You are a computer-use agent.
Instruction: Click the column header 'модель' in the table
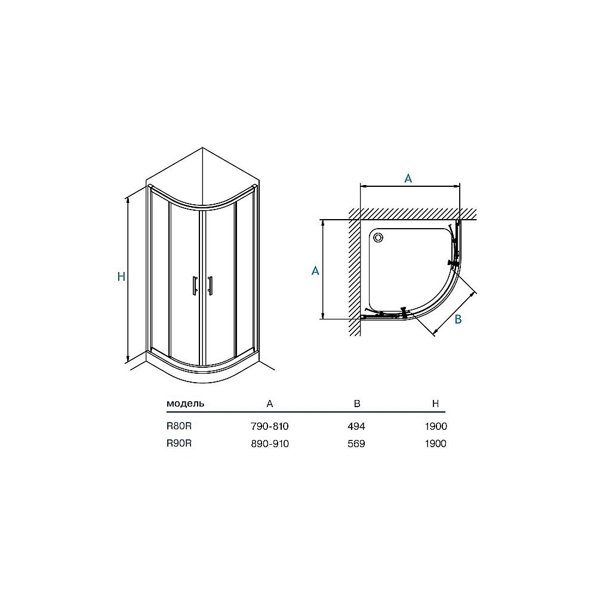click(185, 404)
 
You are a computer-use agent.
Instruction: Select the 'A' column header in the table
click(270, 404)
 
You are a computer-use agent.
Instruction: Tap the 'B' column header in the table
click(357, 404)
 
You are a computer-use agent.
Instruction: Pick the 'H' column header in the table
click(436, 404)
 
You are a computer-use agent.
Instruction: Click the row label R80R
click(179, 426)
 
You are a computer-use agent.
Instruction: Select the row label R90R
click(179, 444)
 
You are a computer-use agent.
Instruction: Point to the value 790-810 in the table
click(270, 426)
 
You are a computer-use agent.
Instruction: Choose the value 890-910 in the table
click(270, 444)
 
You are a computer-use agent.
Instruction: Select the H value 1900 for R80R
click(435, 426)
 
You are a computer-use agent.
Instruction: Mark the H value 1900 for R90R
click(435, 444)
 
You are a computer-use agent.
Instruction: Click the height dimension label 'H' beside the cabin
click(121, 277)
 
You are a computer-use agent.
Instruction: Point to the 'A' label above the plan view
click(408, 179)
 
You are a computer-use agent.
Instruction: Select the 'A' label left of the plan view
click(315, 270)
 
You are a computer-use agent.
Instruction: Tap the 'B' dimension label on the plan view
click(458, 319)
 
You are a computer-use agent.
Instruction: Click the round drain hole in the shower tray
click(378, 238)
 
